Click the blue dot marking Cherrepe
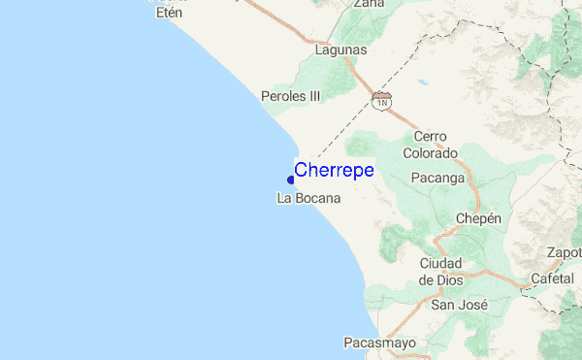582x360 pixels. [291, 180]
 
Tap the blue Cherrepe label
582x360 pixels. [334, 170]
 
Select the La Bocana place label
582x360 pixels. [308, 199]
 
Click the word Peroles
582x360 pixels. [282, 96]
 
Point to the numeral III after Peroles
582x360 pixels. [312, 96]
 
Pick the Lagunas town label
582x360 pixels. [341, 49]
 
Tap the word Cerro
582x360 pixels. [430, 137]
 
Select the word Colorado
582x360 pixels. [430, 152]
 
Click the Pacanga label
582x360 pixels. [438, 179]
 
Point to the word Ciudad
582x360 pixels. [441, 264]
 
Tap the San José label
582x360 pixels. [459, 305]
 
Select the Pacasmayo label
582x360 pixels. [379, 343]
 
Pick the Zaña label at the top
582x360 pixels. [369, 4]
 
